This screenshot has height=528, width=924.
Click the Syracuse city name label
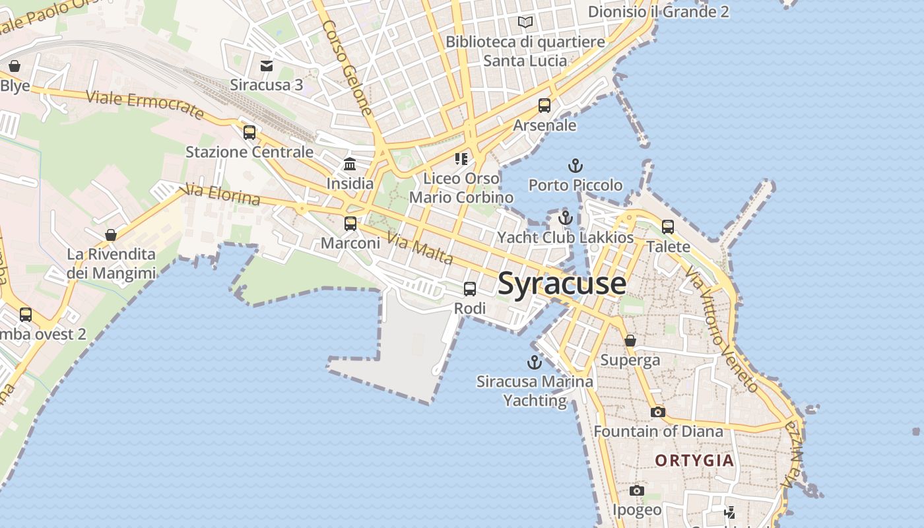pos(562,284)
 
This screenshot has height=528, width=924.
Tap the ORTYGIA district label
pos(694,461)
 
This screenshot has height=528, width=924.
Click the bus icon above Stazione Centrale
pos(249,132)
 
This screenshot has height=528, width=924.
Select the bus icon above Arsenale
pos(544,105)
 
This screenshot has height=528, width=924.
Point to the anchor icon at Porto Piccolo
pos(576,165)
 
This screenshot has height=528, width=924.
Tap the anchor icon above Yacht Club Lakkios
pos(565,217)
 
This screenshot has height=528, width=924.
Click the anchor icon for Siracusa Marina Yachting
pos(535,362)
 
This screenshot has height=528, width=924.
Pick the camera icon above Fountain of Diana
pos(658,412)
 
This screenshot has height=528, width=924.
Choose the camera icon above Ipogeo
pos(637,490)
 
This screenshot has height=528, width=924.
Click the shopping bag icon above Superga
pos(630,341)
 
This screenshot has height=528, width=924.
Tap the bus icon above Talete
pos(668,226)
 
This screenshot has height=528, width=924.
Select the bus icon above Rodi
pos(470,288)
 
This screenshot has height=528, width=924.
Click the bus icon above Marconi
pos(350,223)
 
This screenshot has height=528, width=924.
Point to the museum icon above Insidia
pos(350,164)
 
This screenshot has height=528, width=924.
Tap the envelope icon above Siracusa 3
pos(267,65)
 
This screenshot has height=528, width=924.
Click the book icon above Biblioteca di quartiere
pos(525,22)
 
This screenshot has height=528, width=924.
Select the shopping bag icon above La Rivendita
pos(111,234)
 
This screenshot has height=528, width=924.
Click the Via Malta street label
pos(420,248)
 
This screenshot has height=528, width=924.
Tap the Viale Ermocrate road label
pos(145,106)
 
